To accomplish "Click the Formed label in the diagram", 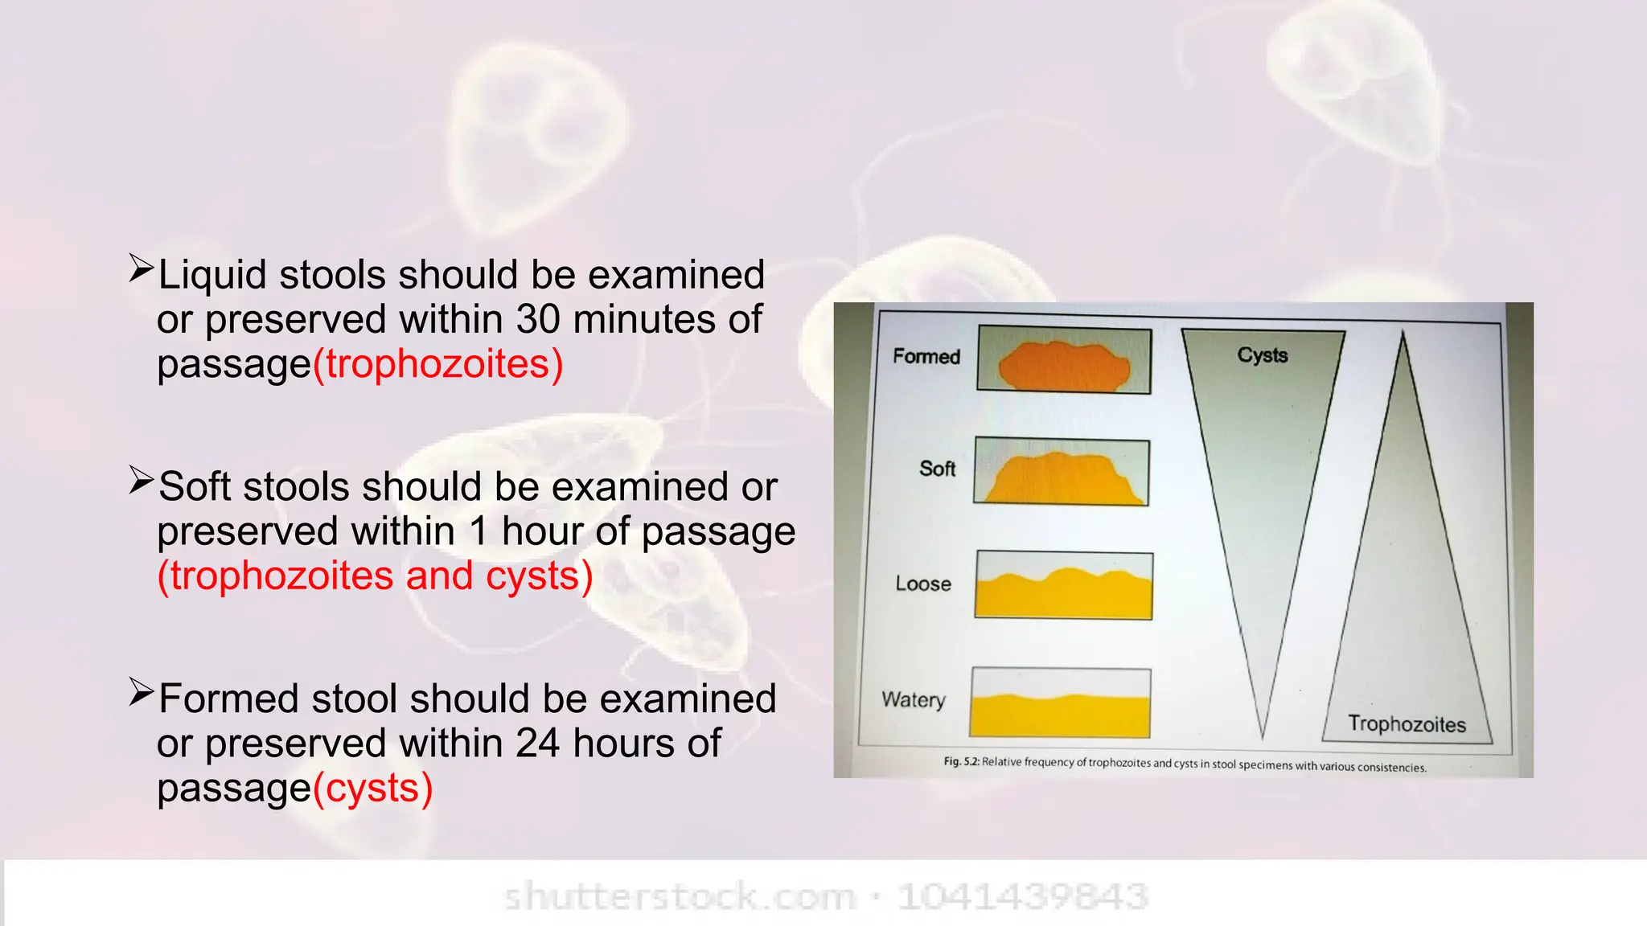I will [x=926, y=356].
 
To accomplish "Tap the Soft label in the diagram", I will [x=937, y=469].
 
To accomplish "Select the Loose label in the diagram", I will [x=923, y=584].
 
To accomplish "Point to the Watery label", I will [x=914, y=699].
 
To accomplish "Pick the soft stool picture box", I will [x=1062, y=472].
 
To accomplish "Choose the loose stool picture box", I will [x=1064, y=585].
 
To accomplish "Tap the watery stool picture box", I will [x=1060, y=702].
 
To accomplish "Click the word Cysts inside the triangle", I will [x=1262, y=355].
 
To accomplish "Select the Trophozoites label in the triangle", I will [x=1407, y=724].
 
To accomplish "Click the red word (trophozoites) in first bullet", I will [x=438, y=363].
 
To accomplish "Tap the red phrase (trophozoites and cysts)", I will [x=375, y=576].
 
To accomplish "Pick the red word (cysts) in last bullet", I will [x=373, y=788].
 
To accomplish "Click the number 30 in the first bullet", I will [x=538, y=319].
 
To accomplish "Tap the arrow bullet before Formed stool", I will [x=141, y=692].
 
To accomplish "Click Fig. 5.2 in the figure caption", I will [x=961, y=760].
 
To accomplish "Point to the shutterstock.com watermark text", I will [x=680, y=896].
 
